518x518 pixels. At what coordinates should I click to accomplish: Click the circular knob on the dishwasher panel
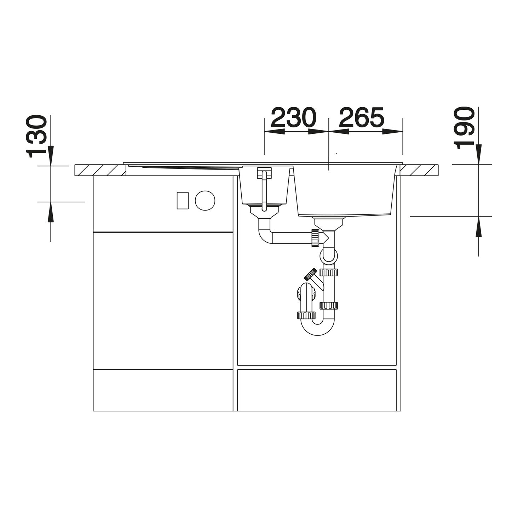pyautogui.click(x=205, y=200)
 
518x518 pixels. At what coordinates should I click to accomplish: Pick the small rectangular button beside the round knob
pyautogui.click(x=183, y=200)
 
